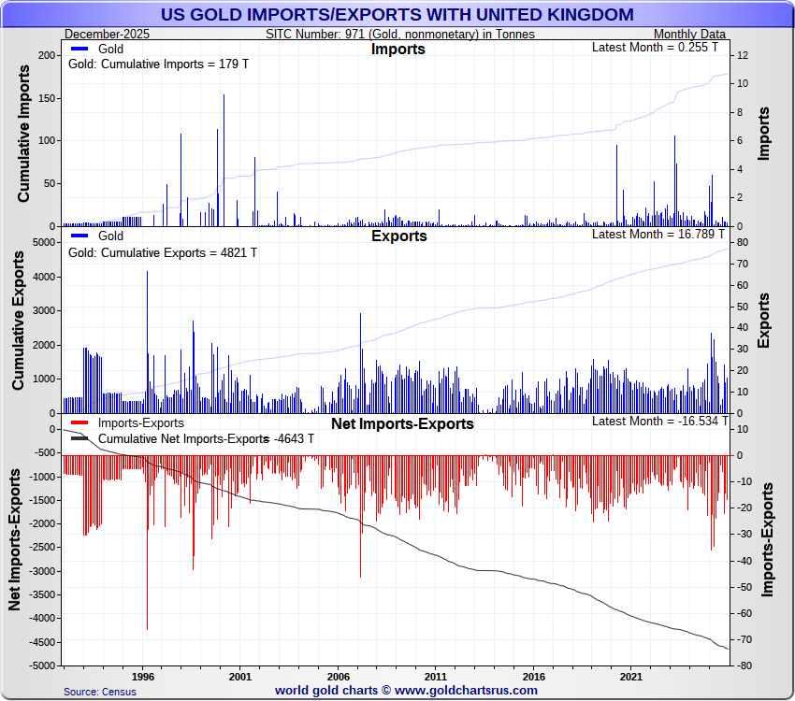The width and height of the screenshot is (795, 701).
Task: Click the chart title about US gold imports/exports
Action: coord(397,15)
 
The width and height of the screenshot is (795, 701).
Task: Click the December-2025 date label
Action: coord(108,35)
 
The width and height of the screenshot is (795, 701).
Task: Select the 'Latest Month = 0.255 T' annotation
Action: coord(655,47)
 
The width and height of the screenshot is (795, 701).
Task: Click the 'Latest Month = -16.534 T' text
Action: coord(655,422)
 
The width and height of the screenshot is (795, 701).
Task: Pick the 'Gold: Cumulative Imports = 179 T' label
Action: coord(150,64)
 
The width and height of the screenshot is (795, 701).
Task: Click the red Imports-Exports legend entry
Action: coord(132,423)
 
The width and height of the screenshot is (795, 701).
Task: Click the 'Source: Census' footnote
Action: coord(100,692)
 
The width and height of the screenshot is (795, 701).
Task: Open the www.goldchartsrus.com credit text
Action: coord(406,691)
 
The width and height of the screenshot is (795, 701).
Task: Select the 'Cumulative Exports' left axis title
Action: coord(19,325)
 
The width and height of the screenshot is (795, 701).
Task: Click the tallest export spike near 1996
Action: coord(147,273)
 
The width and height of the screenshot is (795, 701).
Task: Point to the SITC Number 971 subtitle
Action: coord(400,35)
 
